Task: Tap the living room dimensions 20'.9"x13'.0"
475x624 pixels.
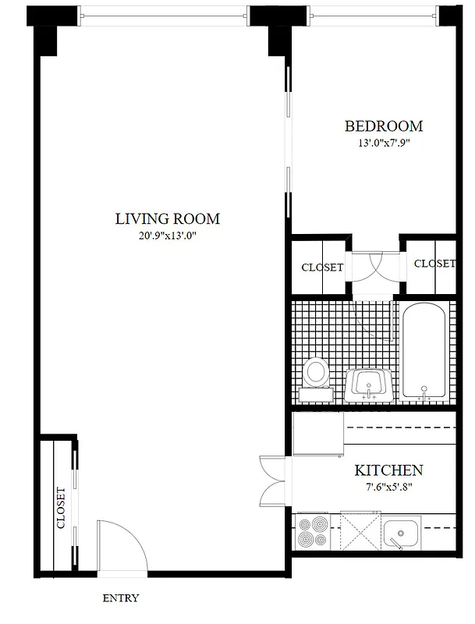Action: pyautogui.click(x=167, y=236)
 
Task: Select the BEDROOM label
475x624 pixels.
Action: pyautogui.click(x=384, y=126)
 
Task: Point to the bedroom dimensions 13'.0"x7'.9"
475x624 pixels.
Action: pyautogui.click(x=384, y=143)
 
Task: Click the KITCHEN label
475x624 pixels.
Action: pyautogui.click(x=388, y=470)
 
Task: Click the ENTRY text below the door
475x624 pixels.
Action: pyautogui.click(x=121, y=598)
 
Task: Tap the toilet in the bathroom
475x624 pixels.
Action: pyautogui.click(x=316, y=373)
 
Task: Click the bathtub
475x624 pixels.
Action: pyautogui.click(x=424, y=352)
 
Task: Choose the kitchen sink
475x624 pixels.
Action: pyautogui.click(x=402, y=534)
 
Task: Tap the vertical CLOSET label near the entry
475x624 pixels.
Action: pyautogui.click(x=61, y=509)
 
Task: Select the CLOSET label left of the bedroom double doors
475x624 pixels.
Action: pyautogui.click(x=322, y=268)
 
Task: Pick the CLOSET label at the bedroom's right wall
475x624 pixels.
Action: pyautogui.click(x=434, y=264)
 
